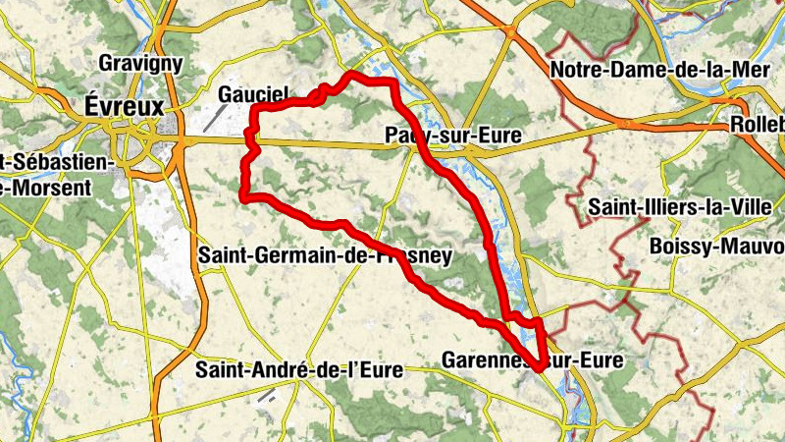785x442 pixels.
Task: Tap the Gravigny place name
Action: click(141, 64)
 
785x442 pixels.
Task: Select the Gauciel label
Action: click(253, 94)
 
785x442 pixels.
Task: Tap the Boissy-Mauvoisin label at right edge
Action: click(717, 247)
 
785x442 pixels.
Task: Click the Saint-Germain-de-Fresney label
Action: click(325, 256)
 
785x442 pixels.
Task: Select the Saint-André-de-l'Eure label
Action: click(300, 370)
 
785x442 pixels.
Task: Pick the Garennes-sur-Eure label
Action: click(532, 360)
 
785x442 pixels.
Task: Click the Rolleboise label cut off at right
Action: click(758, 126)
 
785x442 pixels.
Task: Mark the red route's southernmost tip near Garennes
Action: click(540, 365)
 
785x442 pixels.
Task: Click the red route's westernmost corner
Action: click(243, 197)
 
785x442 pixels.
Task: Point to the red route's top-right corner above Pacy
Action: click(392, 83)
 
